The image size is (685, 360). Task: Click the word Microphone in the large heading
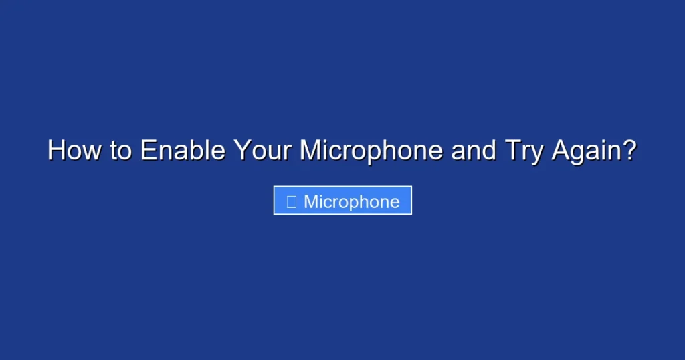tap(371, 151)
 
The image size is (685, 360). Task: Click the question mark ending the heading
tap(628, 151)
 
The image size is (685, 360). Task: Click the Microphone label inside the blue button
tap(351, 201)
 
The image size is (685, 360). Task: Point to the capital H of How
tap(56, 151)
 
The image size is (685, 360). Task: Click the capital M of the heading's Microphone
tap(310, 151)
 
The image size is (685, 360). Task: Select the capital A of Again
tap(561, 151)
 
